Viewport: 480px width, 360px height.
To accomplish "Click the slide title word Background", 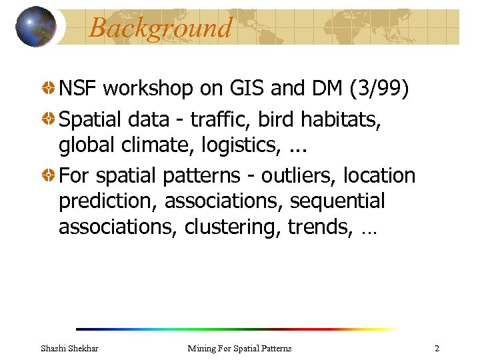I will (160, 28).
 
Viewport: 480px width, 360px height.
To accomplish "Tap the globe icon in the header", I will (36, 27).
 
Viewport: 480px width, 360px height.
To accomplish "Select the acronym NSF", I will (79, 88).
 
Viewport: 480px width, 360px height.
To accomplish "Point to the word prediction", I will (108, 201).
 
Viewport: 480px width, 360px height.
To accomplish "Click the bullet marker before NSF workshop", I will (49, 88).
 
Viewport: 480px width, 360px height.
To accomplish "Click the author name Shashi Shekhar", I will (69, 348).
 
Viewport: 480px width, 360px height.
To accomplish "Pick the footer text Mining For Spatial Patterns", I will (239, 348).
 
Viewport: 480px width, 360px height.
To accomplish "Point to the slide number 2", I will (437, 348).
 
